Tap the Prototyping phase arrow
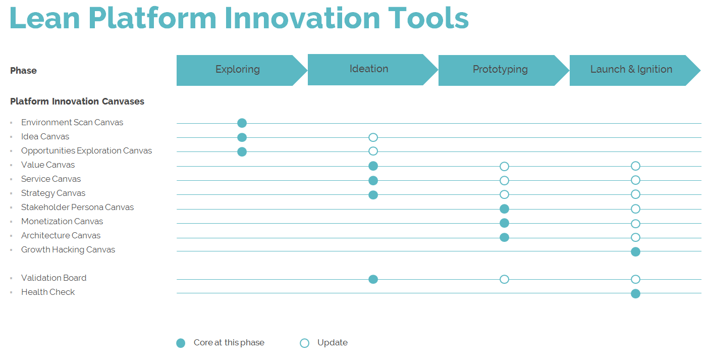[501, 70]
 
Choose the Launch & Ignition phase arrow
[632, 70]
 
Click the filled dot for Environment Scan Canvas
[242, 123]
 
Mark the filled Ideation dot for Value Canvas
[373, 166]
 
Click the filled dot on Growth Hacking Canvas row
[635, 252]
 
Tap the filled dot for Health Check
[635, 294]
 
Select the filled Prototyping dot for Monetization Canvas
[505, 223]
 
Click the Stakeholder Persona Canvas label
[77, 208]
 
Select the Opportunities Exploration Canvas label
[86, 151]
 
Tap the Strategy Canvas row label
[53, 193]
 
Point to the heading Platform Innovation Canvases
[77, 101]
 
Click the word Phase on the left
[24, 71]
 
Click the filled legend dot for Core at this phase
[181, 343]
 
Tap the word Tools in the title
[428, 18]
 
